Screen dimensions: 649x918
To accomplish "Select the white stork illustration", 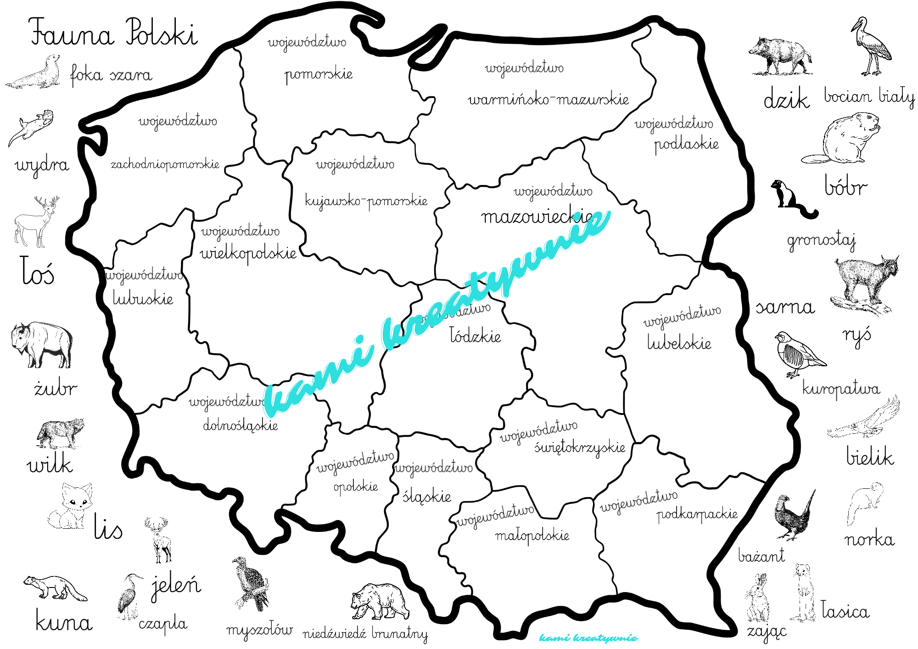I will (x=872, y=48).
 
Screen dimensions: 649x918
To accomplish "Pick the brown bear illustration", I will (x=380, y=601).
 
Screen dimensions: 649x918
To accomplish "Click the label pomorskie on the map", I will (x=318, y=74).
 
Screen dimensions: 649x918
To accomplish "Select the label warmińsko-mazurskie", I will (x=548, y=100).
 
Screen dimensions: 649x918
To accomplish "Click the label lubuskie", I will (x=143, y=299).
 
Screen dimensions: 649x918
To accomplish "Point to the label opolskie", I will (x=356, y=487).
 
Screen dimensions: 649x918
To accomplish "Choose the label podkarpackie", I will (x=697, y=514).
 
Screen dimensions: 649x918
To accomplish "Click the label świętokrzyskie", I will (x=580, y=447).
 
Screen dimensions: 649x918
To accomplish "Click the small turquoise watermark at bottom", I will (x=588, y=638).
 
